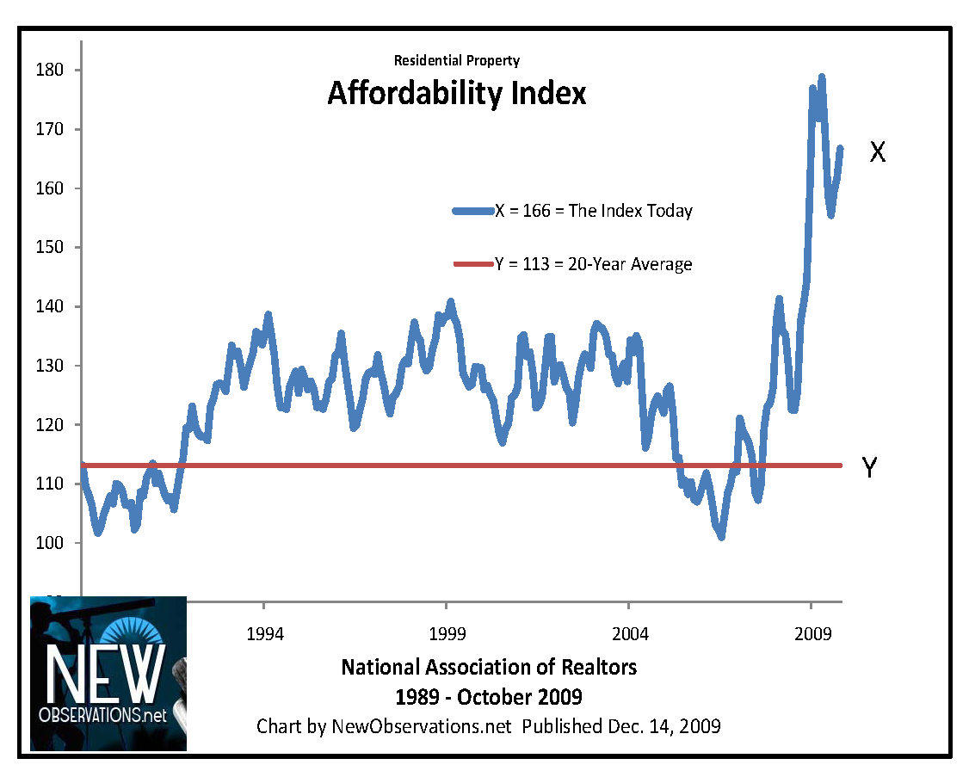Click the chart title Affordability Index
click(x=456, y=93)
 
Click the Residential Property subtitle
click(x=456, y=60)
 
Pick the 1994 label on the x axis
click(x=265, y=635)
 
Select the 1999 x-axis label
click(x=447, y=635)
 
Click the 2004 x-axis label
click(x=629, y=635)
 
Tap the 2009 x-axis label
click(x=812, y=635)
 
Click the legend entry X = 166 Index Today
click(x=572, y=211)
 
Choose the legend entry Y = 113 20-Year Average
click(x=572, y=264)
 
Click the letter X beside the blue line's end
click(x=877, y=152)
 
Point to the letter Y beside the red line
click(x=870, y=468)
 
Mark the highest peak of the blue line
click(x=822, y=77)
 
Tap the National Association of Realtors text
click(x=489, y=667)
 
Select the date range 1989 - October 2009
click(x=489, y=695)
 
